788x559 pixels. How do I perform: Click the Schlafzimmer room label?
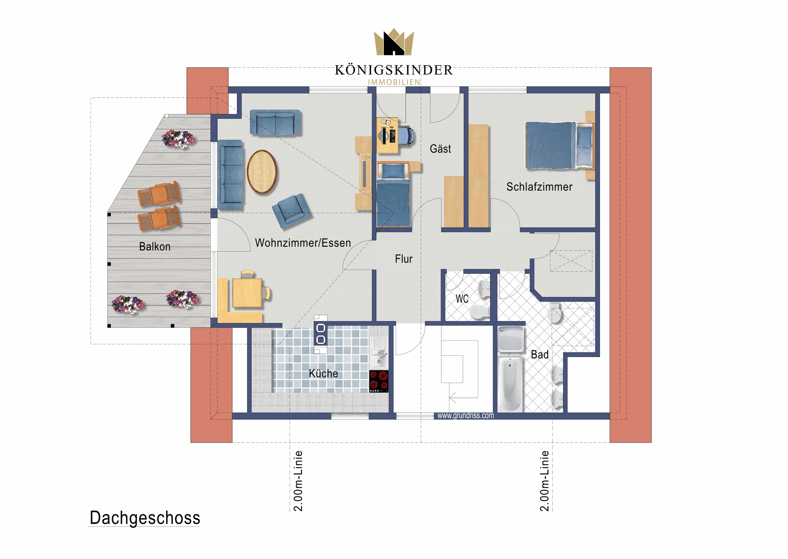539,187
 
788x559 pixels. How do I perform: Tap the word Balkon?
155,247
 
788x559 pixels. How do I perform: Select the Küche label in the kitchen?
323,373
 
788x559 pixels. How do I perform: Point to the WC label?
462,299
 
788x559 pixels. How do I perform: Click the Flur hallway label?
403,259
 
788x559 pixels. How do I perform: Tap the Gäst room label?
440,149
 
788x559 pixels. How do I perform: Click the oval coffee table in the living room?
262,172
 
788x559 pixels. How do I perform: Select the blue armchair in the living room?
292,211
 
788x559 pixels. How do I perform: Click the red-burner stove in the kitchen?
379,381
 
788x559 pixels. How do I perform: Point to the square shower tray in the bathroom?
511,339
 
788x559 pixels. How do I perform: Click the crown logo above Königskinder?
394,42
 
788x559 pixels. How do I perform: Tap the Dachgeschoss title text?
145,518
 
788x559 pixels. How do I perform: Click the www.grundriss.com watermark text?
465,416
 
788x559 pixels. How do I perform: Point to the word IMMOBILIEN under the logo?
394,82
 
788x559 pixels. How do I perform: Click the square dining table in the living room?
247,293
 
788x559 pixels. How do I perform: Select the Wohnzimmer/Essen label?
303,243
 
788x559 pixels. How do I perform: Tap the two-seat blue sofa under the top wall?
275,122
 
